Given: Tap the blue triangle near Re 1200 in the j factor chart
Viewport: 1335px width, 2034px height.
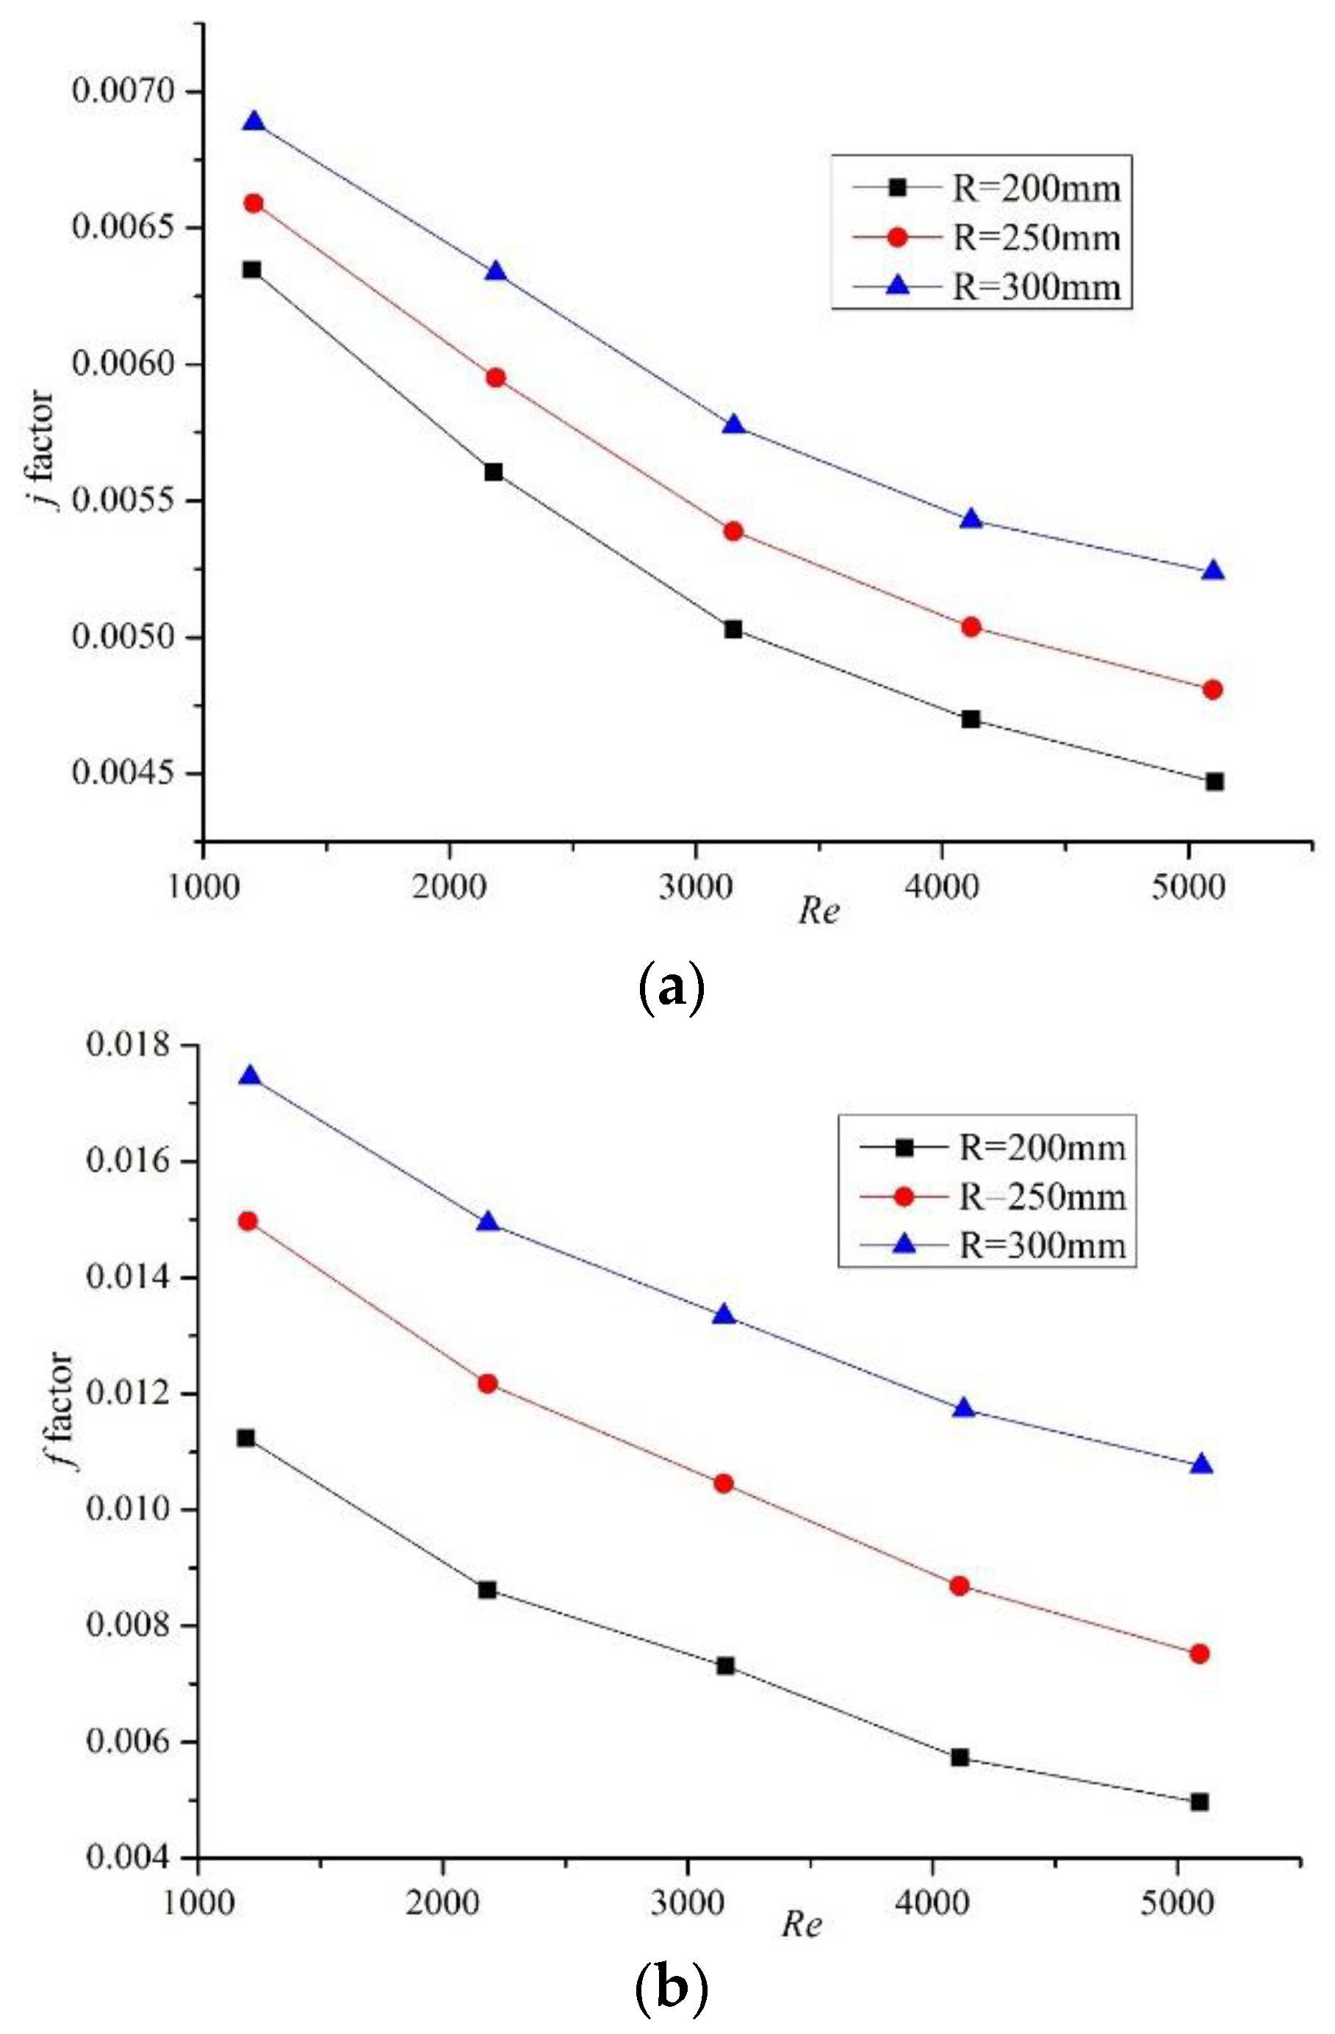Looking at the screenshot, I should [x=253, y=121].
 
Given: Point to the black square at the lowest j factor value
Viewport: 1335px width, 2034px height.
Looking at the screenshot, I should [x=1215, y=781].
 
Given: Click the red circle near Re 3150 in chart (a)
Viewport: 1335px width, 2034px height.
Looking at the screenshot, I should [x=733, y=531].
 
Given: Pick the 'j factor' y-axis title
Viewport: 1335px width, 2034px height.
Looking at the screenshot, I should [x=41, y=450].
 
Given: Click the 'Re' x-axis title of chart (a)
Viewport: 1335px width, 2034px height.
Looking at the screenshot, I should [x=818, y=912].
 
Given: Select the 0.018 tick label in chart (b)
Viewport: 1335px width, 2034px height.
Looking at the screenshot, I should [x=132, y=1044].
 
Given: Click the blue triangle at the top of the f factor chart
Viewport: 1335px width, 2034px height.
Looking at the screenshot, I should [x=249, y=1076].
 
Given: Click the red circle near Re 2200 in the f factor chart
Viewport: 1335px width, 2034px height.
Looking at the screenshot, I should [x=487, y=1383].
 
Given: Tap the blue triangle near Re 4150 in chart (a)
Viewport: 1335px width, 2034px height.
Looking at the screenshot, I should [x=971, y=520].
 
